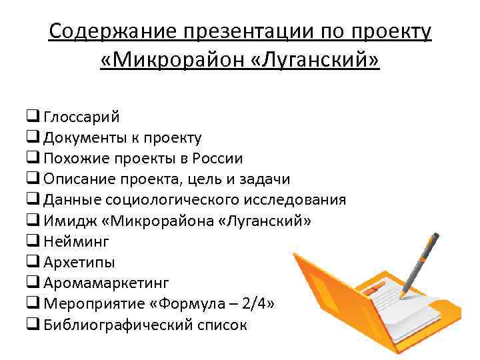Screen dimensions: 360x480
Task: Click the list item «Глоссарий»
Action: click(x=82, y=117)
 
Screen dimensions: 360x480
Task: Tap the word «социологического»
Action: click(x=170, y=200)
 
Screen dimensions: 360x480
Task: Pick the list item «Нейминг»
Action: click(x=75, y=241)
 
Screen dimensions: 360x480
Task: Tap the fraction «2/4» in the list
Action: click(x=259, y=303)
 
